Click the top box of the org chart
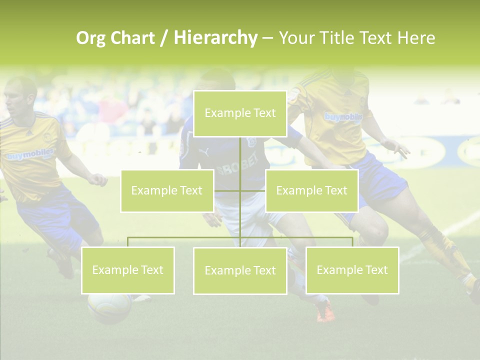pos(240,113)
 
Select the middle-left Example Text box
pos(167,190)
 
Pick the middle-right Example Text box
pos(311,190)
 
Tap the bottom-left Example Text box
pos(128,270)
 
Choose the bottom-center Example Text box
pos(240,270)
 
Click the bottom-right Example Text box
pos(352,270)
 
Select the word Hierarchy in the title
pos(215,38)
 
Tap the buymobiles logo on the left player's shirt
pos(30,155)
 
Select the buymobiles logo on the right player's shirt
pos(343,117)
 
